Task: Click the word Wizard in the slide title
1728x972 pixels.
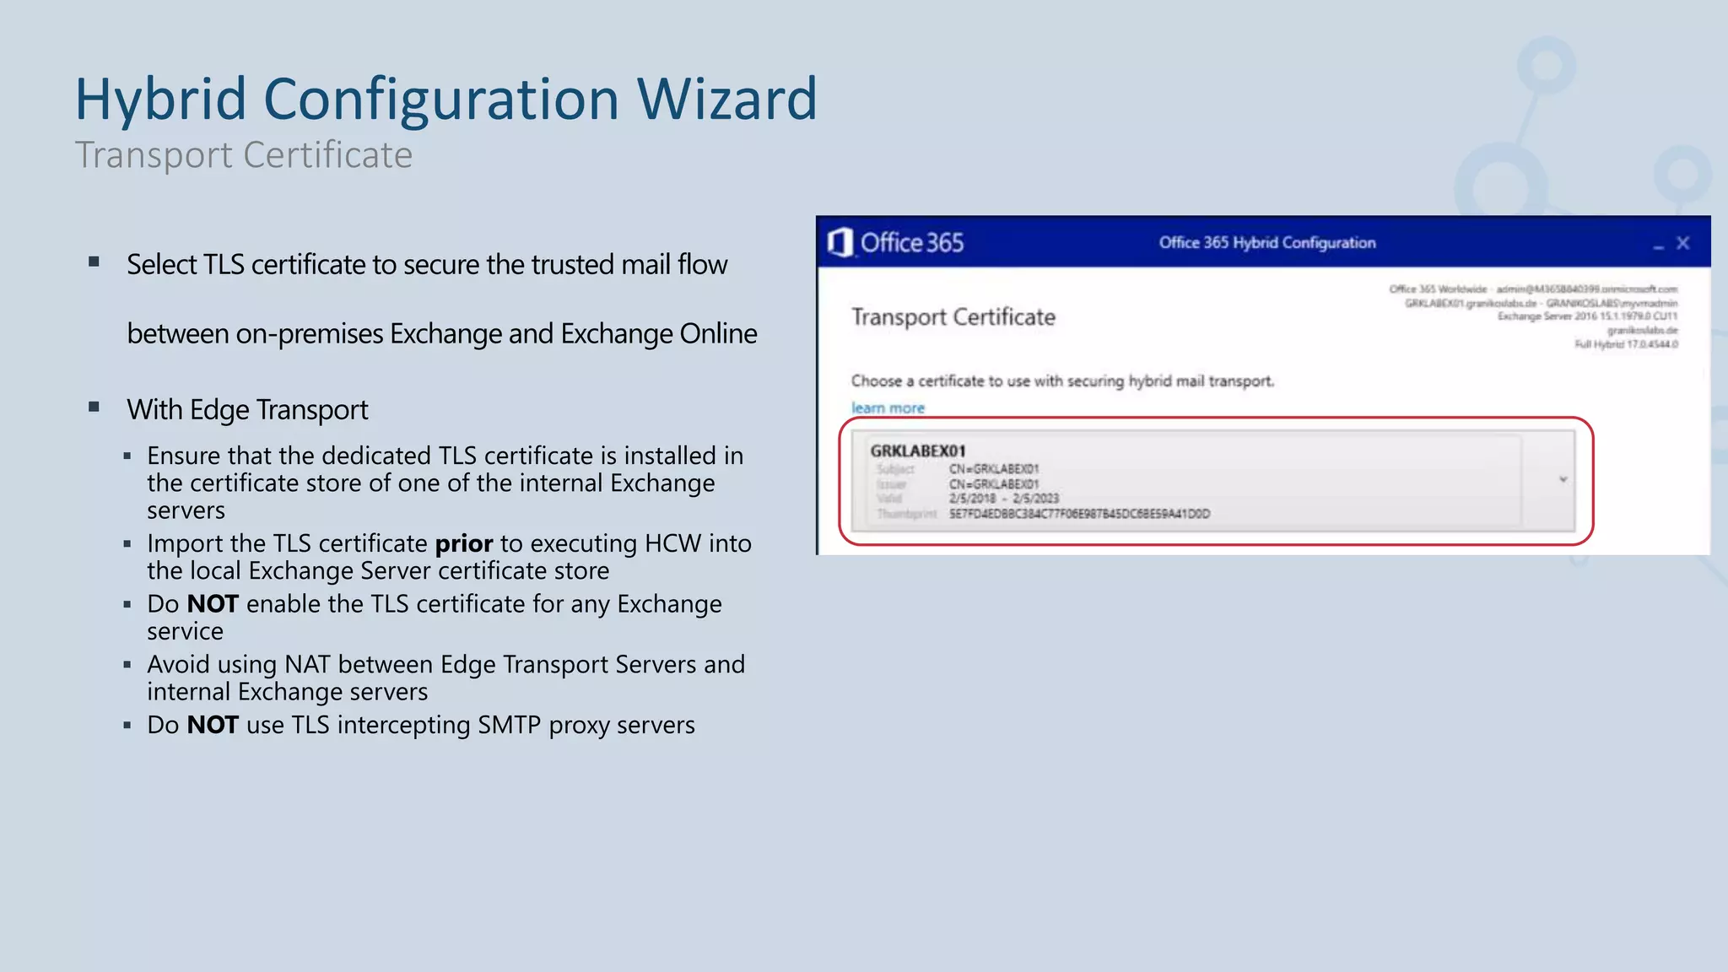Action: [726, 100]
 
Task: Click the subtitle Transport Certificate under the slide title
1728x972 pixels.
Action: [244, 155]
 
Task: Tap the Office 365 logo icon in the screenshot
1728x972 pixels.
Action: [840, 243]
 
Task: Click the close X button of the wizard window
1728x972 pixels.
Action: [1682, 243]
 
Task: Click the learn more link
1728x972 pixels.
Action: [888, 408]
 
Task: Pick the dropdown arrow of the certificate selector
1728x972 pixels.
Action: [1563, 479]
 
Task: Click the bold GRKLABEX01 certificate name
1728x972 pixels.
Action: [918, 451]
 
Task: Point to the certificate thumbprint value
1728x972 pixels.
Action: [1079, 514]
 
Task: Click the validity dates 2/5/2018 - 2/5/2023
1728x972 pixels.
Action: [1003, 499]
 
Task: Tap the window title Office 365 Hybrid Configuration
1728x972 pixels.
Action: [1266, 243]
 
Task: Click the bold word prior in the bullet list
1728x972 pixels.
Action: [463, 543]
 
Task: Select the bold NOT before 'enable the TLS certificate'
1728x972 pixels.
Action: [213, 604]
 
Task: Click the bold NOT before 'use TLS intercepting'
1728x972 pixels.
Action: [213, 725]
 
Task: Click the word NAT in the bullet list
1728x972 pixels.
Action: [307, 665]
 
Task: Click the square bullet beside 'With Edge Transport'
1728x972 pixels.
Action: [94, 408]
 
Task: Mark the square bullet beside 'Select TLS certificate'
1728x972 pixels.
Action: [94, 262]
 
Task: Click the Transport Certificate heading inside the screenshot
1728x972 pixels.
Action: [953, 317]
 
